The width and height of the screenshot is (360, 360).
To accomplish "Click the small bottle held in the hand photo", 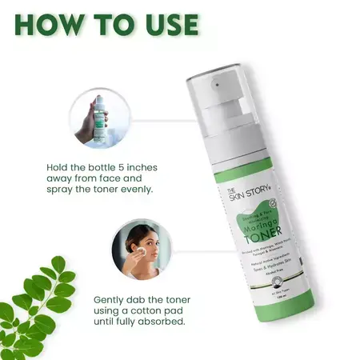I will (98, 120).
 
